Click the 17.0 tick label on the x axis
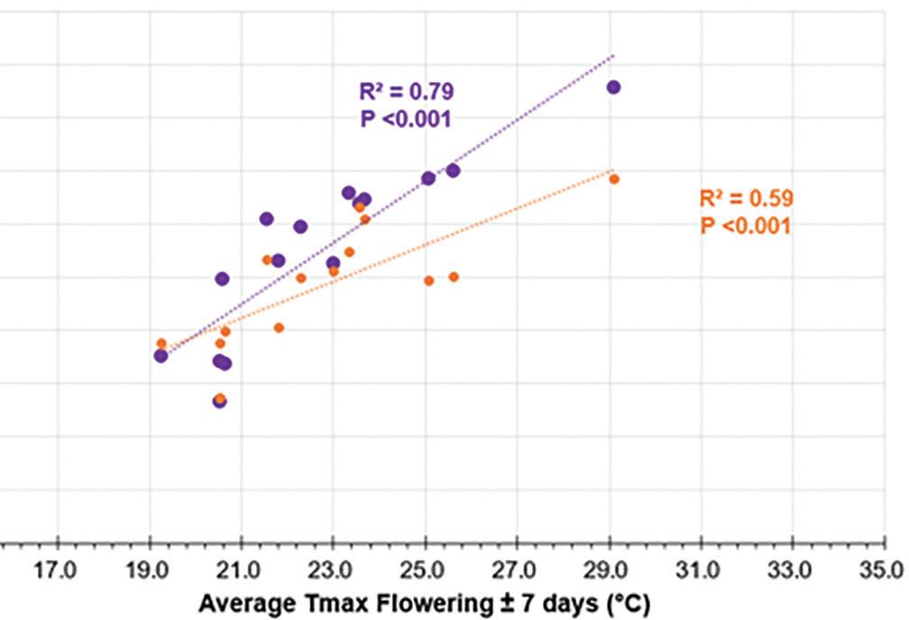[58, 570]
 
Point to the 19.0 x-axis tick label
[150, 570]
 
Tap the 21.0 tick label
[242, 570]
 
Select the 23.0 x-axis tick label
[333, 570]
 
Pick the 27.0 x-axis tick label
[517, 570]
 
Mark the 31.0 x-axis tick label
[701, 570]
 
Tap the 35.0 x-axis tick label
[885, 570]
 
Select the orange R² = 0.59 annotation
[747, 199]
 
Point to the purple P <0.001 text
[406, 118]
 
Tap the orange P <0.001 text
[747, 226]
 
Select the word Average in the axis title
[241, 602]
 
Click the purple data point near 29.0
[613, 87]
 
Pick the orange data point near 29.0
[614, 179]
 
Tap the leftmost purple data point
[161, 356]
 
